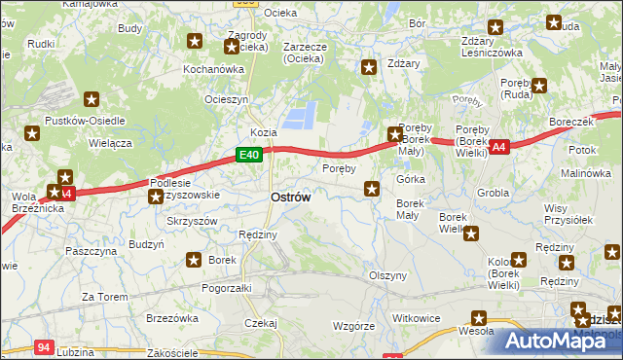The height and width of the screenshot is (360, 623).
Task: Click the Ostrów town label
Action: click(290, 197)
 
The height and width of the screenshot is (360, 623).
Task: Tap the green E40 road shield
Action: click(248, 155)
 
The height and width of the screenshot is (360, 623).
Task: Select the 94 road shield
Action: click(43, 346)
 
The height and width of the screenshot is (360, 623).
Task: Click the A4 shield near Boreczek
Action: click(499, 147)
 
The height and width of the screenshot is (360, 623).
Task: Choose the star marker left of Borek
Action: click(193, 260)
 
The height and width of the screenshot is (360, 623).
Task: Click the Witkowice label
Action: click(416, 318)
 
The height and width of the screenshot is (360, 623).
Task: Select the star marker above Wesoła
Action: click(479, 317)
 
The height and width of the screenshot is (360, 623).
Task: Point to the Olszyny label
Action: click(387, 276)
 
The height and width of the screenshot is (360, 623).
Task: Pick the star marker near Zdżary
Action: click(369, 67)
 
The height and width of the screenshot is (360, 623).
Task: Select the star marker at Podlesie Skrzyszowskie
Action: click(155, 197)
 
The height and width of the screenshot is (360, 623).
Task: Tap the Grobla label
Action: click(494, 193)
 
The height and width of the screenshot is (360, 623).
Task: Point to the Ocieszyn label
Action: click(227, 99)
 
